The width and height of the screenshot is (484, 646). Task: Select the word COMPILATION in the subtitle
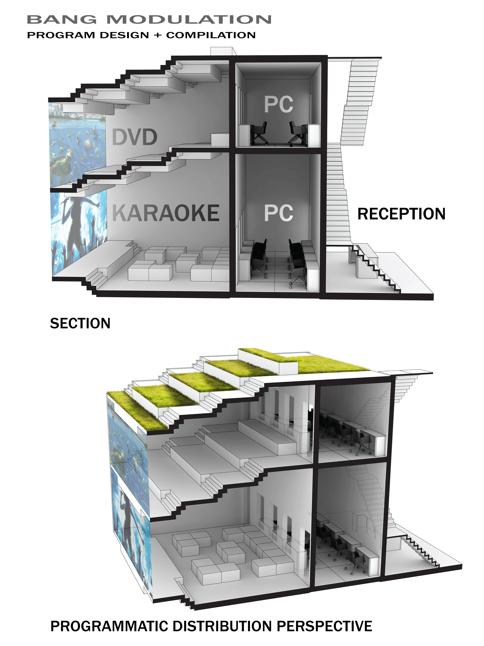[211, 35]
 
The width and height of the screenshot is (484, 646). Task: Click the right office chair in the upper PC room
[298, 133]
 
